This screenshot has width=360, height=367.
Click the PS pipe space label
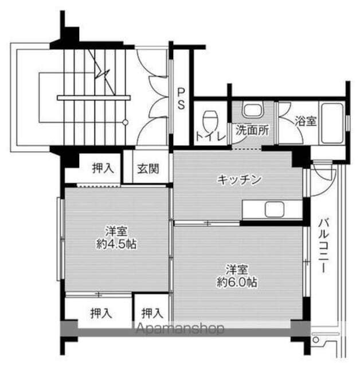181,98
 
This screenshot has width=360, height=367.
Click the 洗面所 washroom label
251,130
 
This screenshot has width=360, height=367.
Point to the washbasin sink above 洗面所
251,110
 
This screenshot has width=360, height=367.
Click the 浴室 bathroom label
305,121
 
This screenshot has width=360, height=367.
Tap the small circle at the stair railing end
125,122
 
